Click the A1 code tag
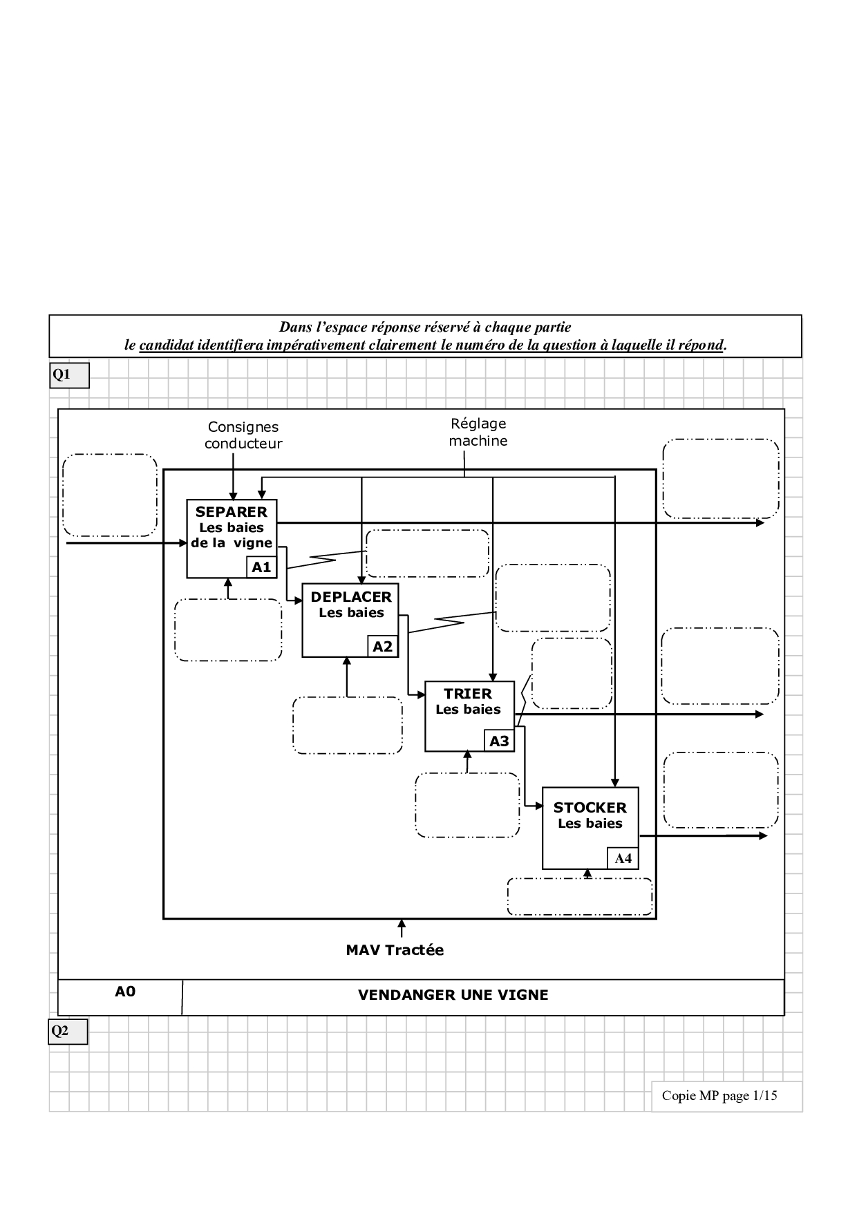[261, 567]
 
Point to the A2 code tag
[382, 647]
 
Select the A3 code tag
[499, 741]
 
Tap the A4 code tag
[623, 859]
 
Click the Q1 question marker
[69, 375]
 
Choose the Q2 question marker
[68, 1032]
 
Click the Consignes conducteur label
[243, 436]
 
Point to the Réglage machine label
[478, 433]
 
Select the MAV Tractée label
[395, 950]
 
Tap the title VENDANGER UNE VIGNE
[453, 995]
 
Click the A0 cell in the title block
[125, 992]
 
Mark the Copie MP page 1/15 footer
[719, 1095]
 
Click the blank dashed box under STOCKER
[580, 897]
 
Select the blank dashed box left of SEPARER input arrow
[110, 495]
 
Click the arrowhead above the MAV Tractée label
[402, 924]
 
